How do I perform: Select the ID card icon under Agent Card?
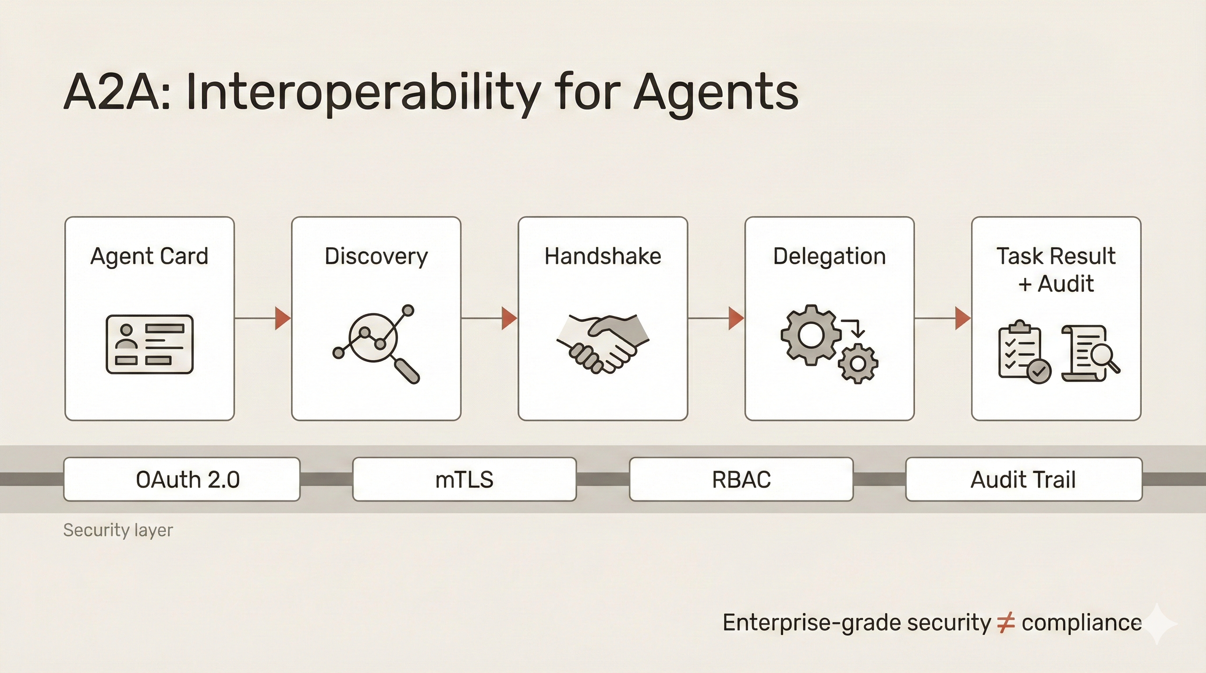pyautogui.click(x=149, y=344)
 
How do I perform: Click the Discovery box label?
pyautogui.click(x=376, y=256)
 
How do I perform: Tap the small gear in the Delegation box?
pyautogui.click(x=858, y=364)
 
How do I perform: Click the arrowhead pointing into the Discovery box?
pyautogui.click(x=282, y=318)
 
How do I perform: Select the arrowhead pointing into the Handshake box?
pyautogui.click(x=509, y=318)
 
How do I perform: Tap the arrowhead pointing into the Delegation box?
pyautogui.click(x=735, y=318)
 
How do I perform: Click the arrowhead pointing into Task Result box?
pyautogui.click(x=962, y=318)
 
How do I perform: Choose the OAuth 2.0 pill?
pyautogui.click(x=182, y=479)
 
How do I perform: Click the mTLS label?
pyautogui.click(x=464, y=480)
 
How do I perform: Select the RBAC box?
pyautogui.click(x=741, y=479)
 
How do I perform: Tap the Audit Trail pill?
pyautogui.click(x=1023, y=479)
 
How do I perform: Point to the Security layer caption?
pyautogui.click(x=118, y=530)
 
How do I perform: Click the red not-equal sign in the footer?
pyautogui.click(x=1006, y=623)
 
